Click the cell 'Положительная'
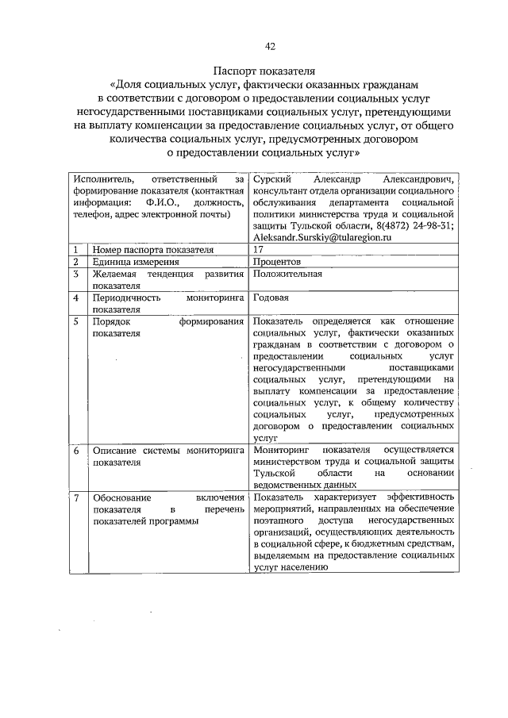pyautogui.click(x=287, y=275)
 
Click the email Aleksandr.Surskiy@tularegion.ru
pyautogui.click(x=326, y=236)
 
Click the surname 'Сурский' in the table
pyautogui.click(x=271, y=180)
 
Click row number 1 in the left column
pyautogui.click(x=75, y=249)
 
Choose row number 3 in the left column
pyautogui.click(x=75, y=275)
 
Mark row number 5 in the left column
pyautogui.click(x=75, y=321)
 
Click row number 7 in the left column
pyautogui.click(x=75, y=497)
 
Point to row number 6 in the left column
pyautogui.click(x=75, y=450)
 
